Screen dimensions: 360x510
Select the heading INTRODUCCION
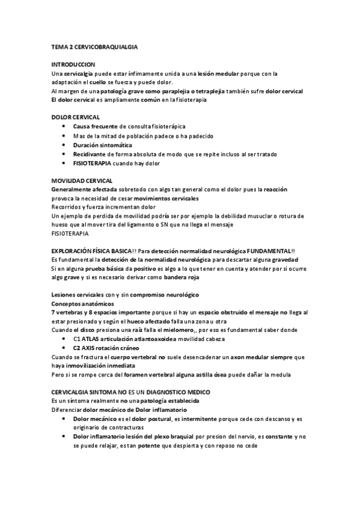point(73,64)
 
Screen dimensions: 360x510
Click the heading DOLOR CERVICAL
point(76,117)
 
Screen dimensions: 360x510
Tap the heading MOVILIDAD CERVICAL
point(82,181)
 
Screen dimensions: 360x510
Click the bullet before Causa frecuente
point(64,126)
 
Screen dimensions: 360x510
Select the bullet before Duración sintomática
point(64,145)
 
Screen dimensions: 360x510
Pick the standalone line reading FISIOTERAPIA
point(70,233)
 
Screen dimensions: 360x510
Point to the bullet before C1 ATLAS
point(64,339)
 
